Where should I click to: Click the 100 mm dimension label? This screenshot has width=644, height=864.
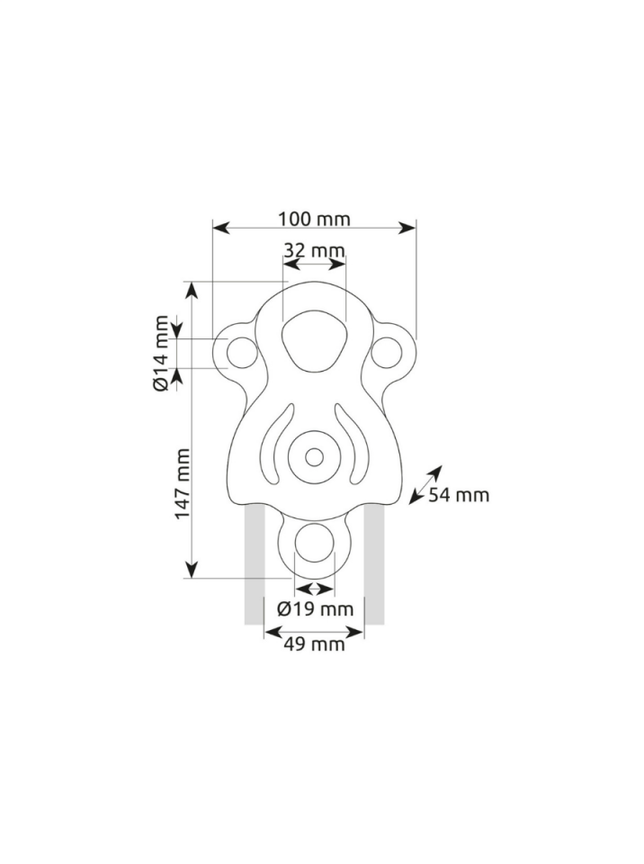pyautogui.click(x=314, y=219)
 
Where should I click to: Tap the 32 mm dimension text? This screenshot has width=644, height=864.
pyautogui.click(x=314, y=250)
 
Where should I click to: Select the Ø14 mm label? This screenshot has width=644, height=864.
pyautogui.click(x=161, y=353)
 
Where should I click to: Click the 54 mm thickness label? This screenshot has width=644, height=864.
pyautogui.click(x=459, y=495)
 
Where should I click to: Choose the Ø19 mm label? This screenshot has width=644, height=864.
pyautogui.click(x=315, y=609)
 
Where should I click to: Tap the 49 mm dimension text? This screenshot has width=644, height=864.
pyautogui.click(x=314, y=643)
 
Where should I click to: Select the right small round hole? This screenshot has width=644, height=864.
pyautogui.click(x=386, y=353)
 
